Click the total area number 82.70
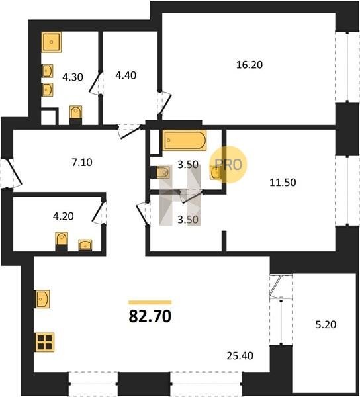coord(150,316)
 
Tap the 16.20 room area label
coord(249,65)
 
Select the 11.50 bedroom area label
coord(283,183)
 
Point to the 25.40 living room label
coord(240,356)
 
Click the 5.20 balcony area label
coord(326,324)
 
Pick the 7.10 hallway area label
coord(82,162)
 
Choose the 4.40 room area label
coord(126,75)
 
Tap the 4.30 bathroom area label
coord(73,77)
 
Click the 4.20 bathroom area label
coord(64,216)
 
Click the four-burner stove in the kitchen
coord(45,342)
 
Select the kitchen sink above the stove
coord(42,299)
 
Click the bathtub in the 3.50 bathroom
coord(185,140)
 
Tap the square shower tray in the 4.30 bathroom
coord(52,42)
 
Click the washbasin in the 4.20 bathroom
coord(85,245)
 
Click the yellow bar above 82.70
coord(150,302)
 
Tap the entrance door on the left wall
coord(11,173)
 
